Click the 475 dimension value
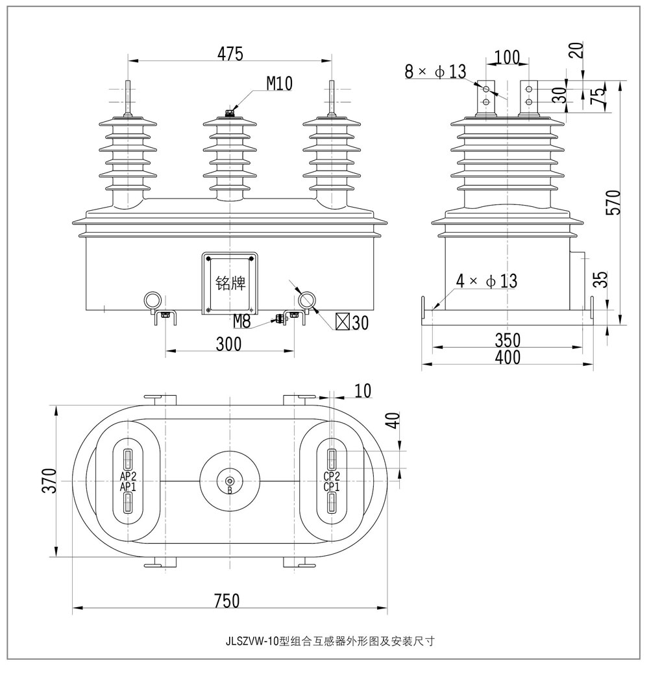pyautogui.click(x=230, y=54)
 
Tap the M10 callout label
pyautogui.click(x=280, y=83)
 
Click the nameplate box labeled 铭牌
pyautogui.click(x=230, y=283)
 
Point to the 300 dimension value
pyautogui.click(x=228, y=344)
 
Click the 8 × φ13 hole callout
pyautogui.click(x=435, y=71)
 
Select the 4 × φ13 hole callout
pyautogui.click(x=486, y=281)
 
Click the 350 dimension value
pyautogui.click(x=507, y=341)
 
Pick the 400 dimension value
pyautogui.click(x=507, y=357)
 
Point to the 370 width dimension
pyautogui.click(x=49, y=481)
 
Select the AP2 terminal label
pyautogui.click(x=128, y=477)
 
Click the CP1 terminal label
pyautogui.click(x=332, y=487)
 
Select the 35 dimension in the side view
pyautogui.click(x=602, y=280)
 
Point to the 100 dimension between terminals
pyautogui.click(x=507, y=57)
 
